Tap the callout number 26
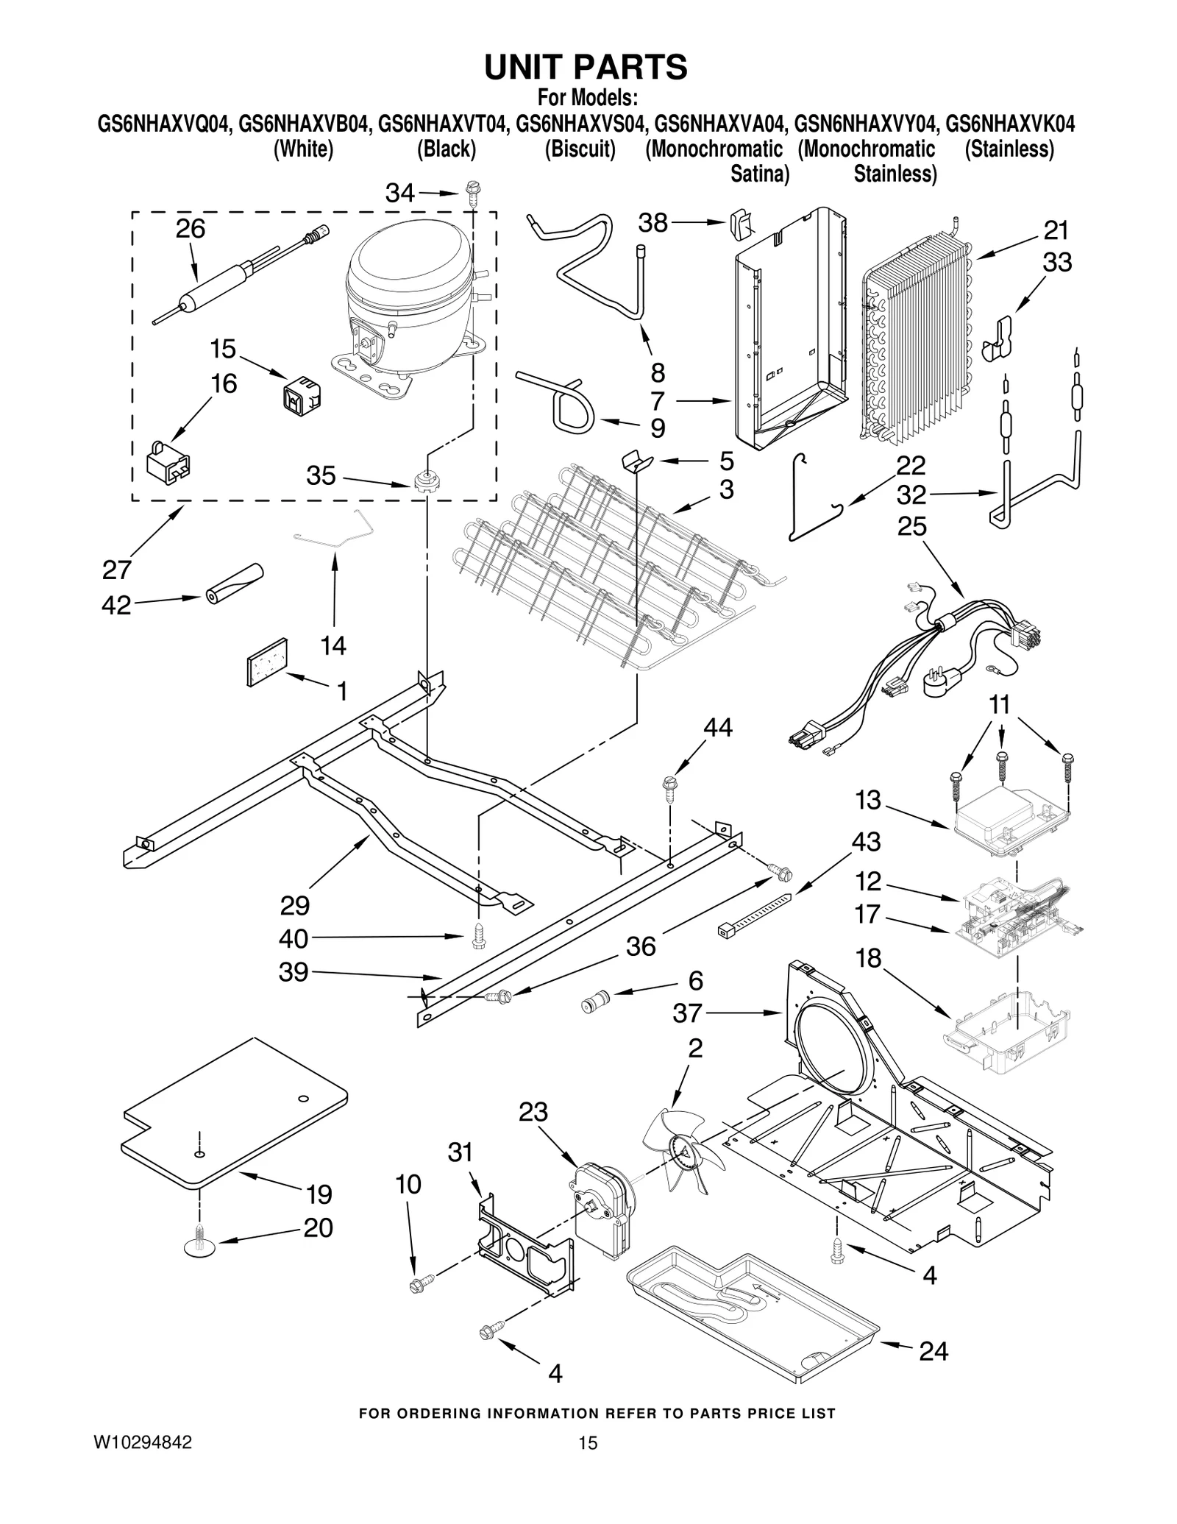[190, 229]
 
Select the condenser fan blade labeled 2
[680, 1155]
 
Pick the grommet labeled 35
[424, 483]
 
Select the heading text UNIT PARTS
[586, 67]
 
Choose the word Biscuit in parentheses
[580, 149]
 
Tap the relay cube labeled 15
[302, 392]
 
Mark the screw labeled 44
[670, 785]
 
